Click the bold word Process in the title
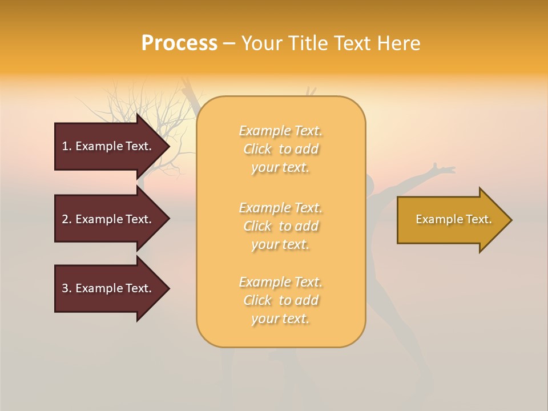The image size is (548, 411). (179, 43)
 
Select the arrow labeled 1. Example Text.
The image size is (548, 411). (108, 146)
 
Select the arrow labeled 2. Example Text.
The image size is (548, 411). (108, 219)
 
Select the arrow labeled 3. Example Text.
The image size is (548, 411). (108, 288)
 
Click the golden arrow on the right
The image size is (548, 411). (451, 220)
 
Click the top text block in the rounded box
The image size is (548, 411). (280, 149)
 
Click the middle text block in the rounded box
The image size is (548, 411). (280, 226)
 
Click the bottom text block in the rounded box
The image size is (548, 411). (280, 300)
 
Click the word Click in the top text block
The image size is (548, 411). (257, 149)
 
